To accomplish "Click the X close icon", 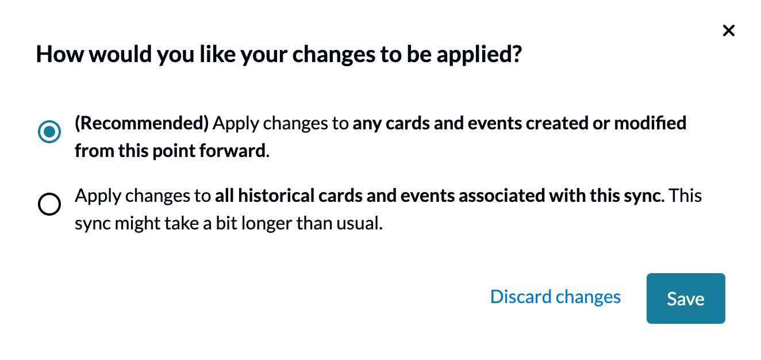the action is click(x=728, y=30).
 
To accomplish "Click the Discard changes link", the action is click(x=555, y=297).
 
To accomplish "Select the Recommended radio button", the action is click(x=49, y=132).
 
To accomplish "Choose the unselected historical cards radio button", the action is click(x=49, y=204).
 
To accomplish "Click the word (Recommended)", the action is click(x=141, y=124).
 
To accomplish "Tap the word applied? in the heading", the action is click(x=479, y=55).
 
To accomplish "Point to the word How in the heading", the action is click(x=60, y=55).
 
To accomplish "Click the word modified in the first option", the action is click(x=650, y=123).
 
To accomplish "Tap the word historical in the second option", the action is click(x=276, y=196).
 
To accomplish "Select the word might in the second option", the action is click(x=137, y=224).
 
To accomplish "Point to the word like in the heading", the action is click(x=217, y=54).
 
